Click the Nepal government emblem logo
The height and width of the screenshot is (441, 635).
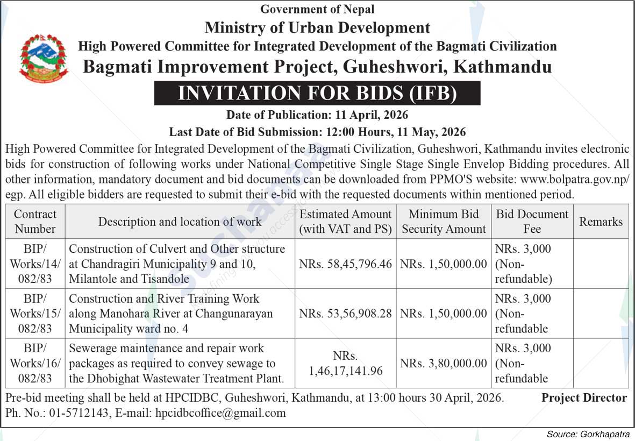[44, 58]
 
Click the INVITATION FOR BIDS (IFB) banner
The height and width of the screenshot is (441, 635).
[317, 93]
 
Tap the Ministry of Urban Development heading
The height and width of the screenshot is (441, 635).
[317, 27]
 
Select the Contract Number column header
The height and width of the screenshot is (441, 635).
[35, 221]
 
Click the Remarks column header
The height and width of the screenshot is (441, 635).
[601, 222]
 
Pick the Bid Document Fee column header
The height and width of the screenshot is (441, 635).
[532, 221]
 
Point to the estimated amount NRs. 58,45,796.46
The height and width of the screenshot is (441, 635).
[346, 264]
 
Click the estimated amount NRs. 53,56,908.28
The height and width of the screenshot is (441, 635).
[346, 314]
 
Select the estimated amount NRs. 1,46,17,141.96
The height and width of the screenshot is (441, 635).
[346, 364]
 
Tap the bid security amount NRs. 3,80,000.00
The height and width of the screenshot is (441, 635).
[444, 364]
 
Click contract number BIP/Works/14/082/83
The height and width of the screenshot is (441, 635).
[35, 264]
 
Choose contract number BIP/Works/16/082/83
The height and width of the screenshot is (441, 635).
[35, 363]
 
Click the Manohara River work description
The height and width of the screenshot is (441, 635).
[171, 314]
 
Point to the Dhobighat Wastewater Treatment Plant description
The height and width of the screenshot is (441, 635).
[176, 364]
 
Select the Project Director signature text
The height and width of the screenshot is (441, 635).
[584, 398]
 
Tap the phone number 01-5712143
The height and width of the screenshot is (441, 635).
[80, 413]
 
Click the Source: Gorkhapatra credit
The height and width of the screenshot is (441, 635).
[587, 434]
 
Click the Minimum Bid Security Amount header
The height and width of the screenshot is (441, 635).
[444, 221]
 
